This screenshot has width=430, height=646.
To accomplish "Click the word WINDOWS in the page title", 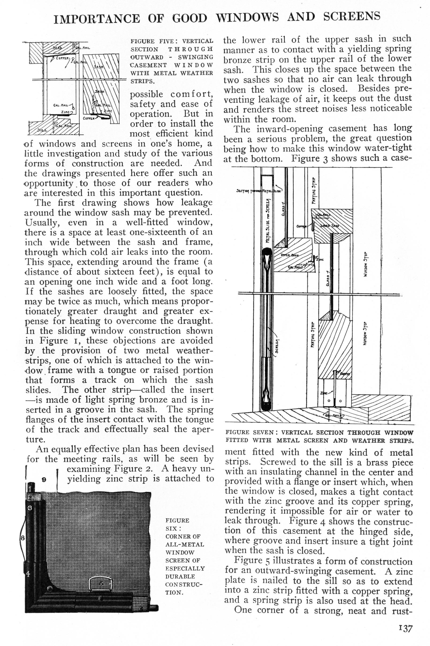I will click(247, 18).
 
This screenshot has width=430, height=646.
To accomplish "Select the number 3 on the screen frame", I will click(30, 508).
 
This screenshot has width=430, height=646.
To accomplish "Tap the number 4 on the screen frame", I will click(28, 573).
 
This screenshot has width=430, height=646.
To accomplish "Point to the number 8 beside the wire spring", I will click(23, 537).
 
